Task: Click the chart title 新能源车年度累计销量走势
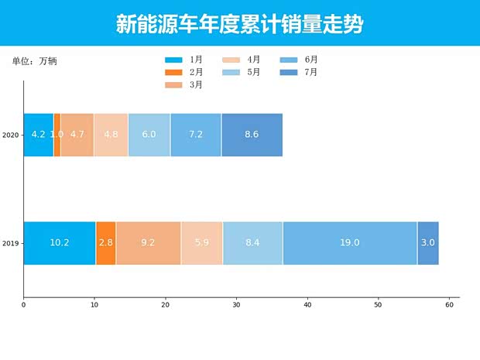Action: click(239, 24)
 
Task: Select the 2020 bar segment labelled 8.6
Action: click(252, 135)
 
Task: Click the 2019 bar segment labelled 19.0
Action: click(349, 243)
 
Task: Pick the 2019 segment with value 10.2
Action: click(60, 243)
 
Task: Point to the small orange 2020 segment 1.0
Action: click(57, 135)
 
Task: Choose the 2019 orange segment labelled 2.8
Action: click(106, 243)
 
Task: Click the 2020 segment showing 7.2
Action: click(196, 135)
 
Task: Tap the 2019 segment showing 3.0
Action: click(427, 243)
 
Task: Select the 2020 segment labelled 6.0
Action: click(149, 135)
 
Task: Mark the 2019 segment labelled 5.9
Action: click(202, 243)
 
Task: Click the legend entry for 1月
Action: click(184, 59)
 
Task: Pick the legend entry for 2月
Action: click(184, 72)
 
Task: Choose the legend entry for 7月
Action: click(300, 72)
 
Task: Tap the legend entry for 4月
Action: click(242, 59)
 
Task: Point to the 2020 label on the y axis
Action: click(11, 135)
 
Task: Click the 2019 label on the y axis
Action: click(11, 244)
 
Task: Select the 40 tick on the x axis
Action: click(307, 305)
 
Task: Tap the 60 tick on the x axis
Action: click(449, 305)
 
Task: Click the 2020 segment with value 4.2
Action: click(38, 135)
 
